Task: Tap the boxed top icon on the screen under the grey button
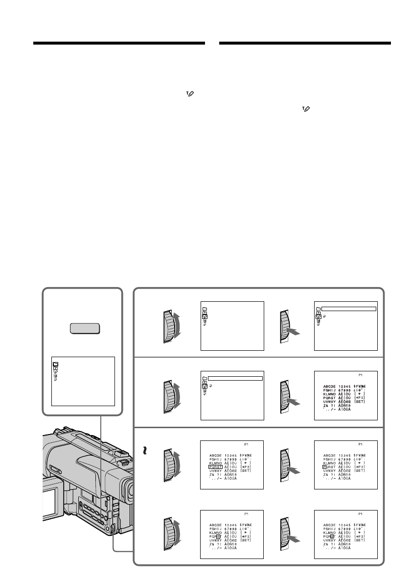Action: tap(55, 364)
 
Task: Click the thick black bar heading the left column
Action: tap(119, 43)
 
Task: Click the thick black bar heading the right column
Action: tap(305, 43)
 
